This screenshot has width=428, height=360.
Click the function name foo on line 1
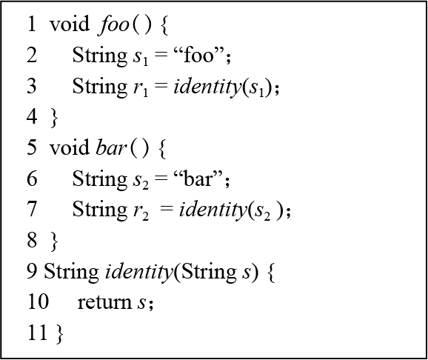tap(113, 25)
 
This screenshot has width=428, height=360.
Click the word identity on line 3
tap(207, 87)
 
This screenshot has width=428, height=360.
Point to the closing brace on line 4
tap(54, 118)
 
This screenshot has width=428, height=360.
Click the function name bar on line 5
tap(111, 147)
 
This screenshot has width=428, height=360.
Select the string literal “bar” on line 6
tap(198, 179)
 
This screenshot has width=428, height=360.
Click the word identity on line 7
tap(213, 210)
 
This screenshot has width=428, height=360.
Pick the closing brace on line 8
tap(54, 241)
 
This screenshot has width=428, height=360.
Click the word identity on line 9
tap(139, 273)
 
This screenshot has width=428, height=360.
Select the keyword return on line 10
tap(104, 302)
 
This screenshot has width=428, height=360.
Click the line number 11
tap(38, 332)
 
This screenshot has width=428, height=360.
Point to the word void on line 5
tap(70, 147)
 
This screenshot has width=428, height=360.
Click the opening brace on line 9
tap(271, 273)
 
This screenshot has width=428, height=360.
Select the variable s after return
tap(141, 303)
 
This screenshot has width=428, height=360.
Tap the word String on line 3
tap(100, 87)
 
